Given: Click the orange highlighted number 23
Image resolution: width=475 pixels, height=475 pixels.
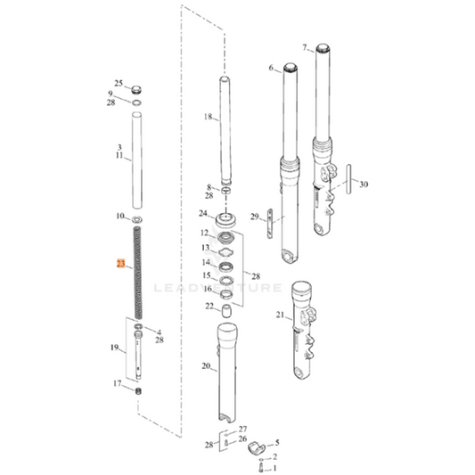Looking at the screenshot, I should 120,264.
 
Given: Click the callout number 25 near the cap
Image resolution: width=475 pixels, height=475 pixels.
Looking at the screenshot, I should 118,84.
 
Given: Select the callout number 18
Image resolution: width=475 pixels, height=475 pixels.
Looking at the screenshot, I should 209,117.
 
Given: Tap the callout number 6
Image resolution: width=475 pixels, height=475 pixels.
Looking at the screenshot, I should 271,68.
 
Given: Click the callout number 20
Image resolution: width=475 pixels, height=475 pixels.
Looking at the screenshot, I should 206,365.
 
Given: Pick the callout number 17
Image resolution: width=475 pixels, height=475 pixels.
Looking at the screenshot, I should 117,384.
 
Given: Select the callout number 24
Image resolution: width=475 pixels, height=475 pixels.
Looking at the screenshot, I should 203,214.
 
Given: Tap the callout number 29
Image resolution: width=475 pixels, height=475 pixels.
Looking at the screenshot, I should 254,217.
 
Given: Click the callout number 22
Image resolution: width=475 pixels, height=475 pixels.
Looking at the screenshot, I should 209,306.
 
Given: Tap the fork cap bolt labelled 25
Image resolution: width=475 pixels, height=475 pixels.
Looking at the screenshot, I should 136,90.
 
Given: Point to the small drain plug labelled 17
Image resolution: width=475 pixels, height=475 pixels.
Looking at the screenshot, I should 139,392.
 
